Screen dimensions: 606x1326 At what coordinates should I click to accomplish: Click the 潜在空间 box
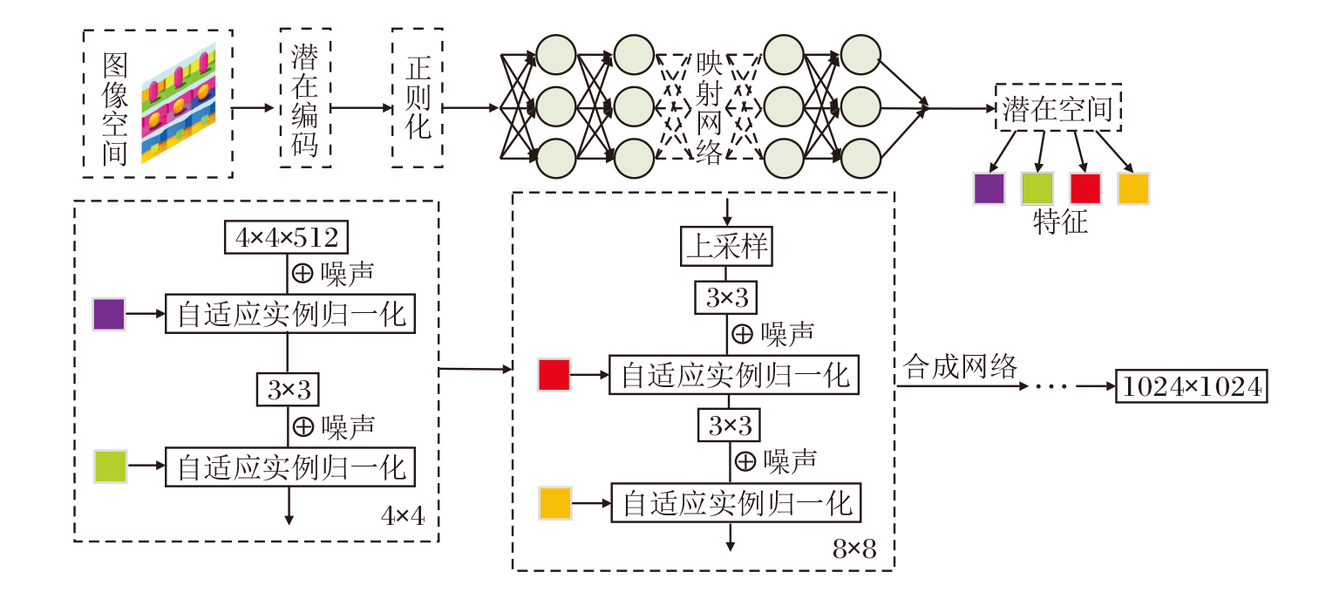[x=1057, y=109]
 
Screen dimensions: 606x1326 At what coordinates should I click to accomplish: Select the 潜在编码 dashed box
[x=305, y=98]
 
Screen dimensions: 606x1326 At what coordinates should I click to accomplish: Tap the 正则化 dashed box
[x=418, y=98]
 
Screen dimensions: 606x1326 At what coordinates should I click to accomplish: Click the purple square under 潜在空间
[x=989, y=187]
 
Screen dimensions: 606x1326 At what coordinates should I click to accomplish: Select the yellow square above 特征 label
[x=1133, y=187]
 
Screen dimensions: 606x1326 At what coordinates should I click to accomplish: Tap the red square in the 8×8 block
[x=554, y=375]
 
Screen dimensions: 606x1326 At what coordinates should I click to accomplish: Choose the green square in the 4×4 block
[x=111, y=467]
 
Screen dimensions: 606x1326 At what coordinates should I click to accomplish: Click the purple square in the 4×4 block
[x=110, y=314]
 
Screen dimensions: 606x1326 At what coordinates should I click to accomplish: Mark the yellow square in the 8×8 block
[x=555, y=504]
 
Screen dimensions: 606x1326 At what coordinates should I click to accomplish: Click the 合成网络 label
[x=961, y=367]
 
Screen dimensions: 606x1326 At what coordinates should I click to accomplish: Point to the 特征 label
[x=1060, y=222]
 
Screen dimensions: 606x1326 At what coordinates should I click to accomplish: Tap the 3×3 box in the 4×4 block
[x=288, y=390]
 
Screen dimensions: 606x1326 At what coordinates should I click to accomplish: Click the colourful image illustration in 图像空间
[x=178, y=103]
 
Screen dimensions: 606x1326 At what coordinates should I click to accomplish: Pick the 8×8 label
[x=854, y=549]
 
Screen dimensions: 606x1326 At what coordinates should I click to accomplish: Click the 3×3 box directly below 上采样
[x=726, y=297]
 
